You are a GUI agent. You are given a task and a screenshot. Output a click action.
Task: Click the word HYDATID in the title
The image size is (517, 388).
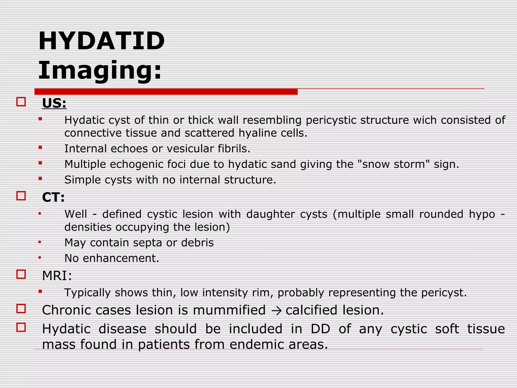point(101,41)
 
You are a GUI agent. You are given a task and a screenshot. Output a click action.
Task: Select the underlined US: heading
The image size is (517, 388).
point(54,103)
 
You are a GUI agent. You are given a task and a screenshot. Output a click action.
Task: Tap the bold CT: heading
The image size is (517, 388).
point(53,197)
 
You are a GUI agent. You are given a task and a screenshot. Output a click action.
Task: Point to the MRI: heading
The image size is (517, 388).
point(57,276)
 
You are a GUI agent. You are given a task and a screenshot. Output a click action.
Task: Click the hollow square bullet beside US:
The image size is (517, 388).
point(21,102)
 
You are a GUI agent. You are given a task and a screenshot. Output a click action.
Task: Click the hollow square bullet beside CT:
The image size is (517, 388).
point(21,196)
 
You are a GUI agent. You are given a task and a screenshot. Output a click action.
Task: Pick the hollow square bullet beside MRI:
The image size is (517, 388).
point(21,274)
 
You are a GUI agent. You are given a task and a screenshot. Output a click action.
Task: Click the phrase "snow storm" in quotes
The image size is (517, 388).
point(394,164)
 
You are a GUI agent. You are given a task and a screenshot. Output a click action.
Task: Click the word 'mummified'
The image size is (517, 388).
point(229,310)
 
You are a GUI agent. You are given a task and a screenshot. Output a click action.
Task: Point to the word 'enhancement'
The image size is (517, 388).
point(120,258)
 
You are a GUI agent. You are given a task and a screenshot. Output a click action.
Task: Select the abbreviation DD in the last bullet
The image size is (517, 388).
point(320,329)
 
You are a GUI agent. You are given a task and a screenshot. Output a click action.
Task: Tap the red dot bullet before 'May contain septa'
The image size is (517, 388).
point(40,243)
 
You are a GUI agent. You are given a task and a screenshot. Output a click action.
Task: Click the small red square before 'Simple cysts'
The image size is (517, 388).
point(40,179)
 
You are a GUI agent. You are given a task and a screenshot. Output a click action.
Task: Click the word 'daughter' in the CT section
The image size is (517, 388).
point(270,214)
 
